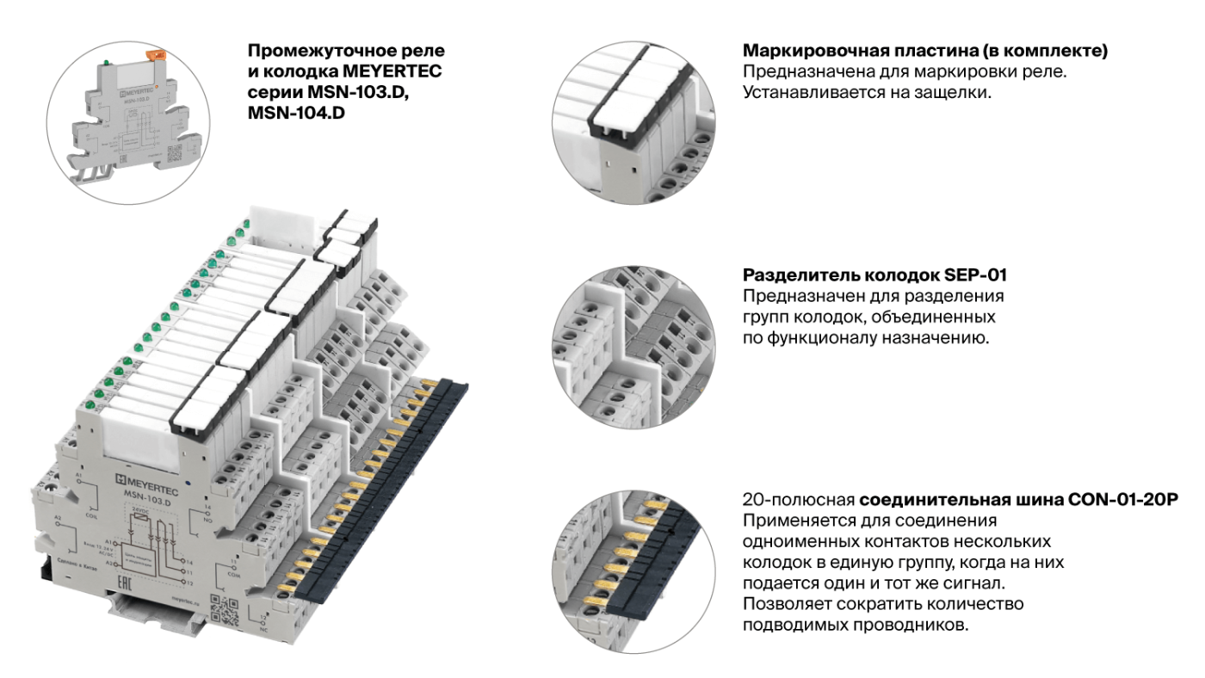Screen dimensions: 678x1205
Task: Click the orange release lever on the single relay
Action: (157, 55)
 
